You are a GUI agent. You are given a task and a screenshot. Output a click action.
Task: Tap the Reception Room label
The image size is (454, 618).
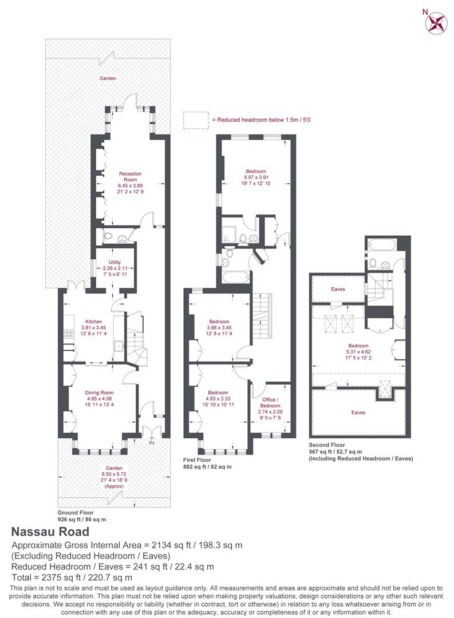tap(130, 177)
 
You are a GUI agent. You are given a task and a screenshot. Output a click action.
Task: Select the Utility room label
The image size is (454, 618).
tap(115, 262)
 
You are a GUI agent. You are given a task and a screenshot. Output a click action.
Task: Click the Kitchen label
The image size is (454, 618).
tap(93, 322)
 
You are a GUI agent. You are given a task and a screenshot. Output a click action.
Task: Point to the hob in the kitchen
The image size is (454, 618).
tap(69, 334)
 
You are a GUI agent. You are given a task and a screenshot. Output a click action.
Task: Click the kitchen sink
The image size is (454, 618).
tap(119, 346)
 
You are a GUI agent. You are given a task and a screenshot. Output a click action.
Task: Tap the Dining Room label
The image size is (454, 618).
tap(100, 393)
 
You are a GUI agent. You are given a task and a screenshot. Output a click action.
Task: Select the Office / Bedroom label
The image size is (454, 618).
tap(270, 402)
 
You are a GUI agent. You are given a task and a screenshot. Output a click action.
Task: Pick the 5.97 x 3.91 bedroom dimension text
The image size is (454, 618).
tap(256, 177)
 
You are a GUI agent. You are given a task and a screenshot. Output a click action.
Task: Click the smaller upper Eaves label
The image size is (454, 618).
tap(338, 289)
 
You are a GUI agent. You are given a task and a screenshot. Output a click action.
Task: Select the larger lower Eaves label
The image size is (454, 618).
tap(358, 412)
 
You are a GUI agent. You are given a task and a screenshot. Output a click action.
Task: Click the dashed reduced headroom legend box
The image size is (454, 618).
tap(196, 120)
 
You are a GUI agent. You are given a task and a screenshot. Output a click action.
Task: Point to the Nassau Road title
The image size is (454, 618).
tap(50, 532)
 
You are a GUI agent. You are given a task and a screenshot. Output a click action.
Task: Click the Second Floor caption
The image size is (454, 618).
tap(326, 445)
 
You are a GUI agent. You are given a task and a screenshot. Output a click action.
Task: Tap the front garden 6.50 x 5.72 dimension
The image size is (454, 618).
tap(113, 474)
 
